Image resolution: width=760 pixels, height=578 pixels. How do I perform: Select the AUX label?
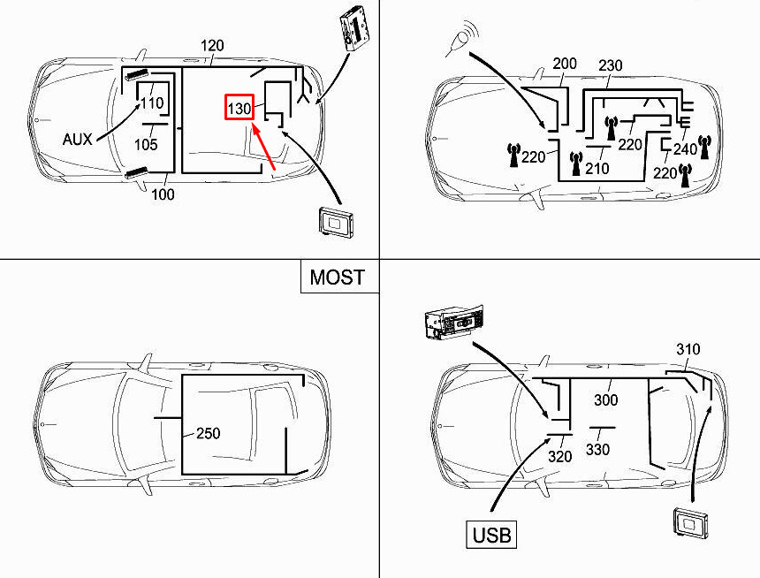[x=78, y=139]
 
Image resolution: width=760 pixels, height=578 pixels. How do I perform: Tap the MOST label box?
[x=337, y=277]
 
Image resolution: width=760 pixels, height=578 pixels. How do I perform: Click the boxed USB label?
[x=491, y=535]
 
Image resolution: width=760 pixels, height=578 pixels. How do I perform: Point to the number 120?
[x=212, y=45]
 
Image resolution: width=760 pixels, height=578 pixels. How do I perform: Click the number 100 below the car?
[x=163, y=194]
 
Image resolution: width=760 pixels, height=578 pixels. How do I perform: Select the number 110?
[x=152, y=103]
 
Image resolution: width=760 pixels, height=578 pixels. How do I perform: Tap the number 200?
[x=565, y=65]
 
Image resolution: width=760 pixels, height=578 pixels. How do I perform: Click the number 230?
[x=611, y=65]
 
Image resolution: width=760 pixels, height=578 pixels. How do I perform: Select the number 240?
[x=686, y=149]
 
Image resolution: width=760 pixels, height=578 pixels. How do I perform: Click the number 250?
[x=208, y=434]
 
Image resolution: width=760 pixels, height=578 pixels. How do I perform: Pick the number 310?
[x=688, y=349]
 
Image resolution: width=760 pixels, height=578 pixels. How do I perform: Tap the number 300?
[x=605, y=400]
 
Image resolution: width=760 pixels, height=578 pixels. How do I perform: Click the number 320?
[x=559, y=457]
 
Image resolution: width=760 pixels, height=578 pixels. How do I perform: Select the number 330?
[x=597, y=450]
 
